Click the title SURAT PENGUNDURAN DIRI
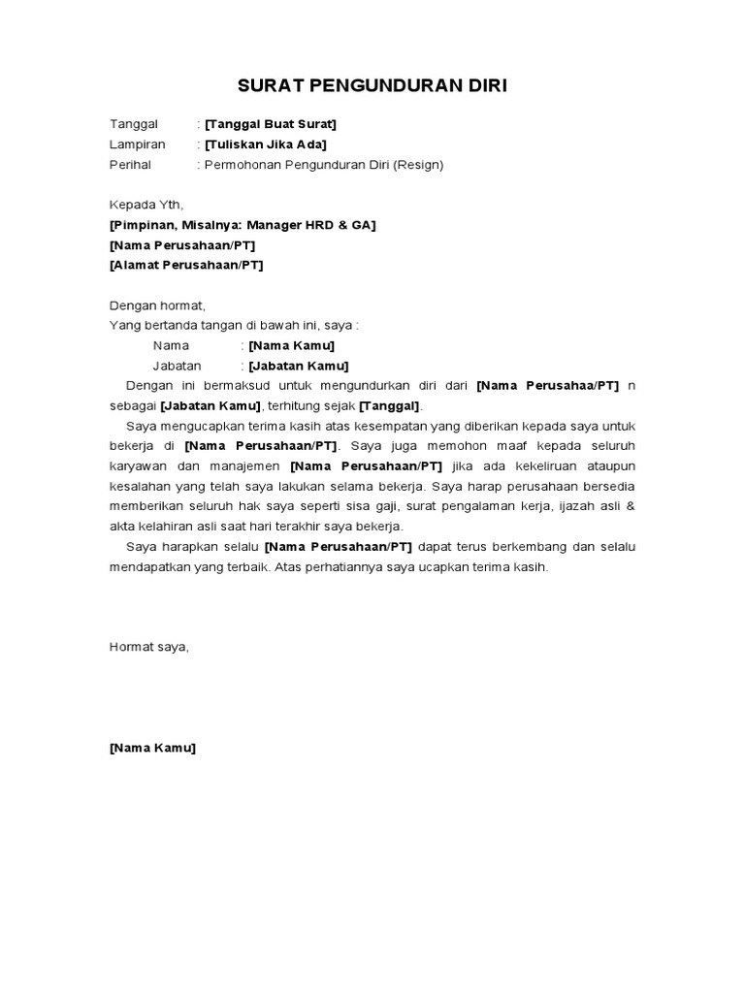click(372, 86)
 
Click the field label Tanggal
click(133, 124)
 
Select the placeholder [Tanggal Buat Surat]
click(271, 124)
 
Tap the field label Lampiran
click(137, 144)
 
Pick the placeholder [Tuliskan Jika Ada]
click(265, 144)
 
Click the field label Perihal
click(130, 165)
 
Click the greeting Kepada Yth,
click(146, 205)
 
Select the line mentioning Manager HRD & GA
click(243, 225)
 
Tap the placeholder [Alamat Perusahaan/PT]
click(185, 265)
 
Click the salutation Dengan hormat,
click(157, 305)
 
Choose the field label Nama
click(171, 345)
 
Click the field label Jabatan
click(177, 366)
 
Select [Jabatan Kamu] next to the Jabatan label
click(298, 366)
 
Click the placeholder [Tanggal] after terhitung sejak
click(390, 405)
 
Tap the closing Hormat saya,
click(148, 647)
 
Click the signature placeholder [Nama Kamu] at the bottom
click(152, 748)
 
